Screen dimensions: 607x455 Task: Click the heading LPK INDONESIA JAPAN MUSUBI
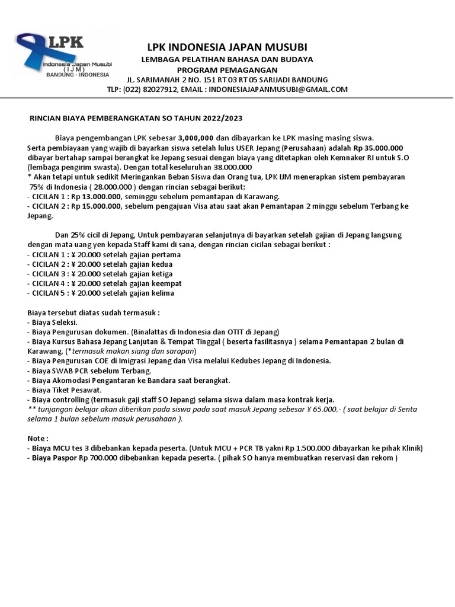tap(227, 47)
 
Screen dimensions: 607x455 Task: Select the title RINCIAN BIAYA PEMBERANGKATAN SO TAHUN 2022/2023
tap(136, 118)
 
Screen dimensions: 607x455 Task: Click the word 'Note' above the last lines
tap(36, 438)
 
